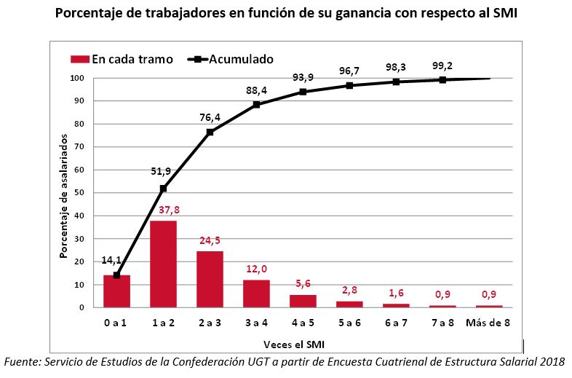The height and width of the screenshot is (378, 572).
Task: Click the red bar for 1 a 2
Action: coord(163,264)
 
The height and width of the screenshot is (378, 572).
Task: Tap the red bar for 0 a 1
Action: coord(116,291)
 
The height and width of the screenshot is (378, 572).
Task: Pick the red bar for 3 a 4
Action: coord(256,294)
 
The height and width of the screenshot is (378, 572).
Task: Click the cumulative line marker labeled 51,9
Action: coord(163,189)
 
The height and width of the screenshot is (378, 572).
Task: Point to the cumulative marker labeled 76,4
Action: coord(210,132)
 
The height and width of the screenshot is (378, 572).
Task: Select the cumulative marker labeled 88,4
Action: coord(256,105)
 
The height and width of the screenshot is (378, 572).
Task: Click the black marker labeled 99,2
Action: coord(442,80)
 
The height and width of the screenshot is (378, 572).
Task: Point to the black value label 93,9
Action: coord(303,78)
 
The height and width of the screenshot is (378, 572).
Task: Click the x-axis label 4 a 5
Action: coord(303,322)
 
